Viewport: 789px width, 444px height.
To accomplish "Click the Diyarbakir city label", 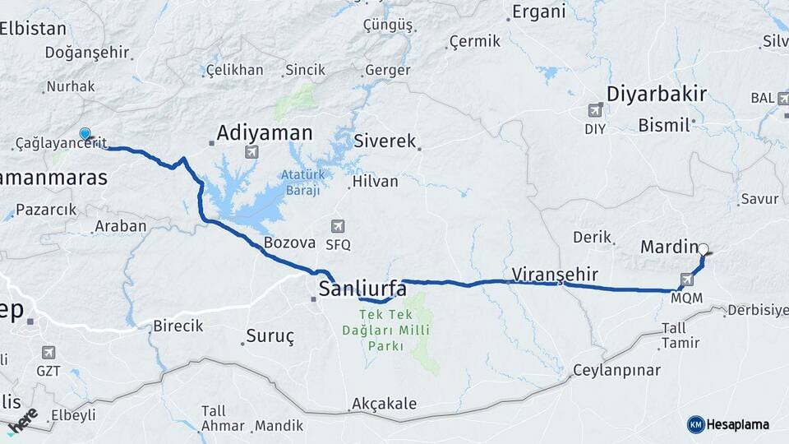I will point(656,93).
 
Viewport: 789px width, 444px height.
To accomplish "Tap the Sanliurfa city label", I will point(362,289).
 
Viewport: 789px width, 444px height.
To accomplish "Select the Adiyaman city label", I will point(265,132).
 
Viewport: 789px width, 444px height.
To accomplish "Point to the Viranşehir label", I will point(554,274).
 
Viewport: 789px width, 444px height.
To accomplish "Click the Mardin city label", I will point(668,247).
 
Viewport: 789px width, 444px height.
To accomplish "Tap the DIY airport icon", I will point(595,110).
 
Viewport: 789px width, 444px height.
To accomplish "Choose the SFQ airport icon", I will point(337,226).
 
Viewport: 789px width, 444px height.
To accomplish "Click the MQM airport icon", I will point(687,280).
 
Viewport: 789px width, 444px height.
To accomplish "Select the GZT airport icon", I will point(48,352).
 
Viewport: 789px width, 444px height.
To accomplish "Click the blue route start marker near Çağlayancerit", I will point(85,134).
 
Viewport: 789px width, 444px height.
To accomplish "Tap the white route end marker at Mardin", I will point(703,247).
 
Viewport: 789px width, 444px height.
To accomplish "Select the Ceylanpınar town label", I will point(616,370).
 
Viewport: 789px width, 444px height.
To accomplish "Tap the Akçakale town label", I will point(384,404).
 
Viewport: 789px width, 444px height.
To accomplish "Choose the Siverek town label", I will point(385,141).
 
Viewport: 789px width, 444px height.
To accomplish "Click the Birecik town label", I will point(178,326).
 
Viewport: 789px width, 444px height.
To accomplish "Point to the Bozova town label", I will point(289,243).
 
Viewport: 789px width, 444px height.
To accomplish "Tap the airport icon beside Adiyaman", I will point(251,151).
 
